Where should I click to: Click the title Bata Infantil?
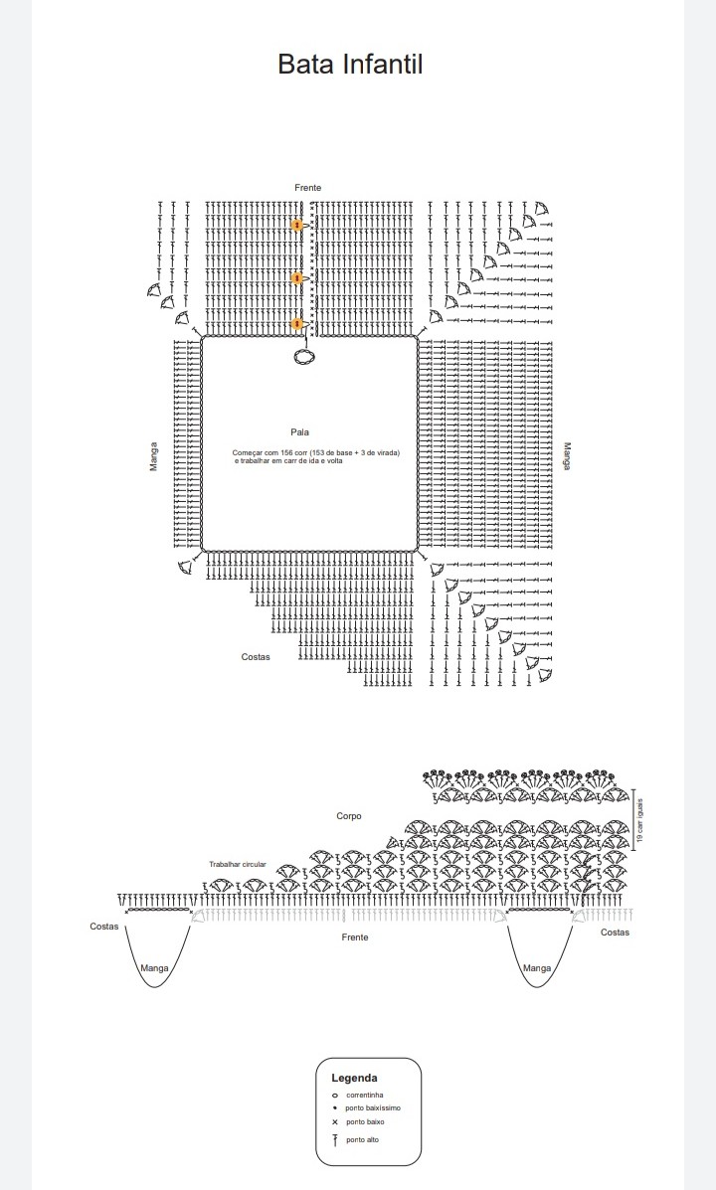tap(350, 65)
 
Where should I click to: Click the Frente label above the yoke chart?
tap(307, 188)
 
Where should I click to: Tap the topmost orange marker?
tap(296, 226)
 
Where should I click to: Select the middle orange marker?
tap(296, 277)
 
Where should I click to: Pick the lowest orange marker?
tap(296, 323)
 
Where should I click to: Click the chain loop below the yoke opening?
tap(304, 356)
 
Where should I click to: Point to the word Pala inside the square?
tap(300, 432)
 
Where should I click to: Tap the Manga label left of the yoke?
tap(153, 457)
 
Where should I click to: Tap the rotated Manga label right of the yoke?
tap(567, 457)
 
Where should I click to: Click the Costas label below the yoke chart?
tap(256, 656)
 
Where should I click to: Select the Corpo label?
tap(349, 816)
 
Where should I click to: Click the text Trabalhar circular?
tap(238, 864)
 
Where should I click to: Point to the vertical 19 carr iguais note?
tap(641, 821)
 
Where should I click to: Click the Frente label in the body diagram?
tap(355, 937)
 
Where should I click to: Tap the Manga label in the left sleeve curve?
tap(154, 967)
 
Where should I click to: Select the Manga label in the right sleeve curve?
tap(537, 967)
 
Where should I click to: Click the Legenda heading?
tap(354, 1078)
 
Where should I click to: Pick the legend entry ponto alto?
tap(362, 1139)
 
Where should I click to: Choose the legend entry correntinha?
tap(364, 1095)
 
